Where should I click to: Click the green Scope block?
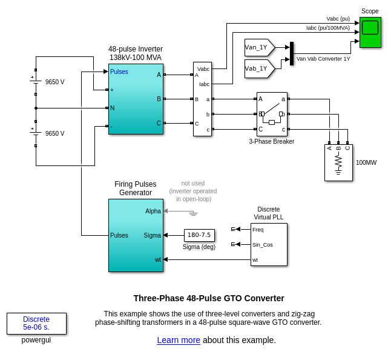tap(370, 32)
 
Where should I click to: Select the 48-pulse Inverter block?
tap(136, 99)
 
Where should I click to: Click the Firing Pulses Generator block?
tap(136, 235)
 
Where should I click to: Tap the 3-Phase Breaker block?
tap(272, 114)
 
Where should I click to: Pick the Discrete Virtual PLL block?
tap(269, 244)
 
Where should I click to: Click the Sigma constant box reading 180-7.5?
tap(199, 235)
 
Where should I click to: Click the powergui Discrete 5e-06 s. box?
tap(36, 323)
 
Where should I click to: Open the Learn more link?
tap(179, 340)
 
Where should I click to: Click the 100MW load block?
tap(338, 162)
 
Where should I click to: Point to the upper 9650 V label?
tap(54, 82)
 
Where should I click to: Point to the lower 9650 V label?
tap(54, 133)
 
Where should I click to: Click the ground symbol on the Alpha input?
tap(193, 213)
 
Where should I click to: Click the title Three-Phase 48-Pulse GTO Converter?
tap(209, 298)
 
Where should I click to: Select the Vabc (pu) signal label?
tap(338, 19)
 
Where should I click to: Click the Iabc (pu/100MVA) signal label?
tap(328, 28)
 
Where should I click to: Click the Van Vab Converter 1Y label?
tap(323, 59)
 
